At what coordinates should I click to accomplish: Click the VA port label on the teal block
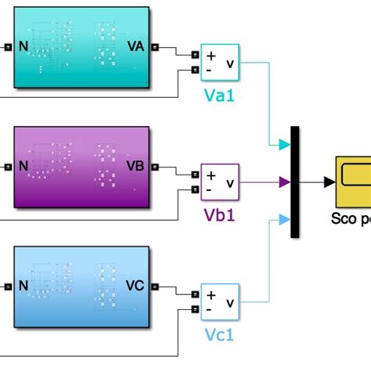pos(135,46)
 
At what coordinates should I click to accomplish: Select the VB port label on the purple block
pos(135,167)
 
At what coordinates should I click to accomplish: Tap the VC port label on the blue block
pos(135,287)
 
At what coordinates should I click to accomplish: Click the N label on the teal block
pos(24,46)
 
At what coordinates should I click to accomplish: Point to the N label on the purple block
pos(24,167)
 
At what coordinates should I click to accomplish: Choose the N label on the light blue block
pos(24,287)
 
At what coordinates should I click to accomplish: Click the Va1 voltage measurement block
pos(221,63)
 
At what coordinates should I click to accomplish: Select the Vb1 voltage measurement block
pos(221,182)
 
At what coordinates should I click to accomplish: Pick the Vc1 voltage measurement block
pos(221,303)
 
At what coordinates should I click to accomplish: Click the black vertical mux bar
pos(294,182)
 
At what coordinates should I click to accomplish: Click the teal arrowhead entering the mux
pos(285,145)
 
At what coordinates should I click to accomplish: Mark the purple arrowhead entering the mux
pos(285,182)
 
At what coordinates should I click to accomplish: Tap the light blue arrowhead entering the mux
pos(285,220)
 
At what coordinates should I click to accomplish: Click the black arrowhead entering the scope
pos(330,182)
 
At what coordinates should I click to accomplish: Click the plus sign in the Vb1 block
pos(211,175)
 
